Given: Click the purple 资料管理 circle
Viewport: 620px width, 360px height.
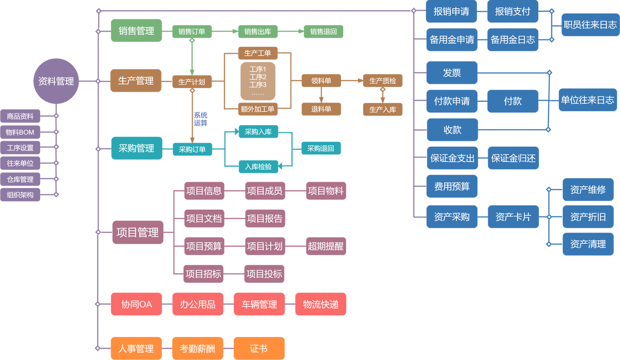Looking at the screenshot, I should pos(56,81).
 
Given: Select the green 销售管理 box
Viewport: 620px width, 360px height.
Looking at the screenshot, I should pos(136,31).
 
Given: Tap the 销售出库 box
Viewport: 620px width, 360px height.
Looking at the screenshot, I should pos(257,31).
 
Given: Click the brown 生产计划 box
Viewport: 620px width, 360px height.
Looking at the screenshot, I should pos(192,82).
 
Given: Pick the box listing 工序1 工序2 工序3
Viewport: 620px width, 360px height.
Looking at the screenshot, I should pos(258,81).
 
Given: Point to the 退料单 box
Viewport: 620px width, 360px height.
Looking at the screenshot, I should pos(321,109).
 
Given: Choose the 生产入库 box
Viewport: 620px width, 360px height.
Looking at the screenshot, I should pos(383,109).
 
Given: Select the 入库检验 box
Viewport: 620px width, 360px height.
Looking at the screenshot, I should pos(258,166).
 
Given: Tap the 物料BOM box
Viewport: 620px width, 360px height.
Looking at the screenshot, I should pos(20,132).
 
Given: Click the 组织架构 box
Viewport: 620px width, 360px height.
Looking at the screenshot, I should pos(20,195).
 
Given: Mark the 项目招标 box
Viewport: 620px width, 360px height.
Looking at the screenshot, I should pos(203,274).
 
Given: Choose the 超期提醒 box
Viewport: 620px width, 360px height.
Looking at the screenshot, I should pos(326,246).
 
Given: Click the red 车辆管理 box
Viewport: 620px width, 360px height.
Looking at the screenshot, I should pos(260,304).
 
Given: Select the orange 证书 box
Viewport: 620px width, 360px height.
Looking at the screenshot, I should pos(259,348).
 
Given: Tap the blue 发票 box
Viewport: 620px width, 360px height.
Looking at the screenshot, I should pos(452,72).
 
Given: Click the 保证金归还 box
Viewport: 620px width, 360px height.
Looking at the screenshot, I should pos(513,158).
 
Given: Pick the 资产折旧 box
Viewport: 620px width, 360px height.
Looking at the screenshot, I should pos(588,217).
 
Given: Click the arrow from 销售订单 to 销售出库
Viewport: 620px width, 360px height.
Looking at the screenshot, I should pos(225,31).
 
